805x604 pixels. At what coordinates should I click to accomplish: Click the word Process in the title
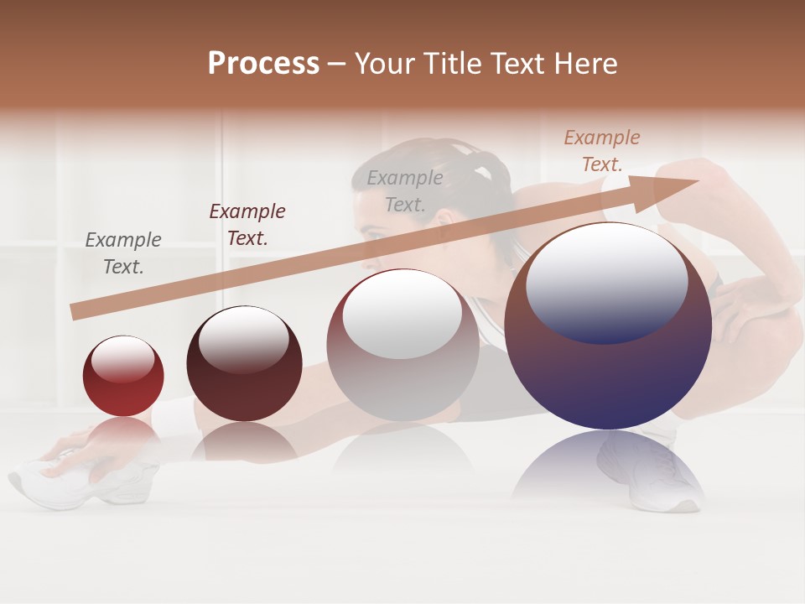(x=263, y=63)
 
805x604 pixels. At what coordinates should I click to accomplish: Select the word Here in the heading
(x=585, y=64)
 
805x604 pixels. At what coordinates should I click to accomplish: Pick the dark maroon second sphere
(x=244, y=364)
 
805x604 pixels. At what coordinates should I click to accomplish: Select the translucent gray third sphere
(x=402, y=345)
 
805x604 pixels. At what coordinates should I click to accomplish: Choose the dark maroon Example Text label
(x=247, y=225)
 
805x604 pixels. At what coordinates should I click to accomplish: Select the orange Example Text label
(x=602, y=151)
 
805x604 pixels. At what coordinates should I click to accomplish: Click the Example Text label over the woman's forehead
(x=405, y=190)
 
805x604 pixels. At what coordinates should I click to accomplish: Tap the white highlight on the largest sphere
(x=606, y=281)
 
